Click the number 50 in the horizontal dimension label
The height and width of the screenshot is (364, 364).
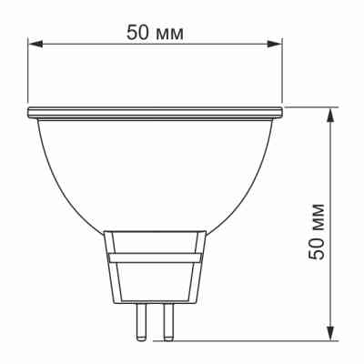pos(138,32)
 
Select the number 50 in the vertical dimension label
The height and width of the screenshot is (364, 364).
pos(318,246)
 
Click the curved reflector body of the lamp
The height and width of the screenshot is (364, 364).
pos(155,173)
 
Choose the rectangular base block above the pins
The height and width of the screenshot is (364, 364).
pos(154,268)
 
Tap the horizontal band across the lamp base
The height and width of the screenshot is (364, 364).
pos(154,257)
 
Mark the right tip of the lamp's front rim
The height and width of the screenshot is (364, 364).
pos(281,112)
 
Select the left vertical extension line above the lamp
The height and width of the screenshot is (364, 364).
pos(27,73)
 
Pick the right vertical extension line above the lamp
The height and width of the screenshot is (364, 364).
pos(282,73)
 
